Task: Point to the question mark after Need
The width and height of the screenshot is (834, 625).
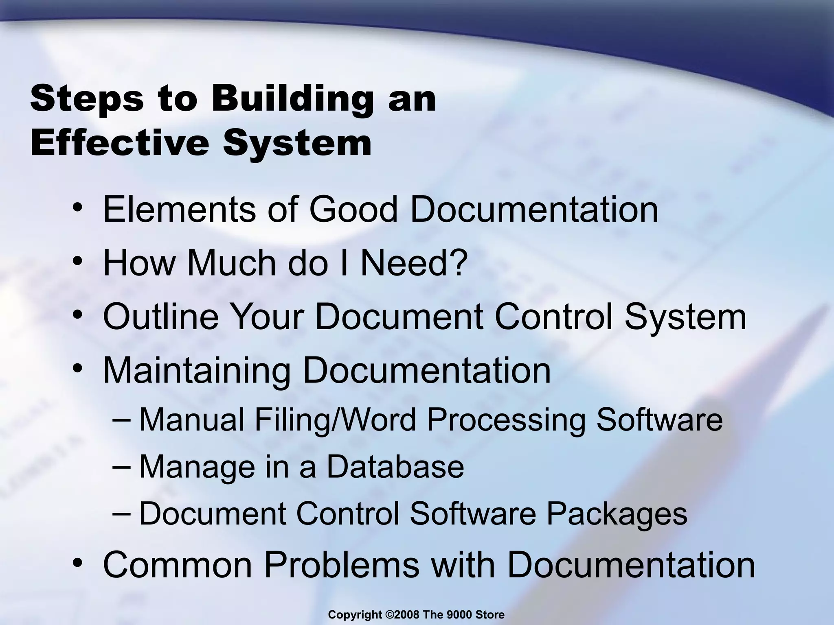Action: [x=459, y=263]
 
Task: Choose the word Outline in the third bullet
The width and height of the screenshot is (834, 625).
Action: [x=161, y=317]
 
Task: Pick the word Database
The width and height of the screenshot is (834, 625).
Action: [x=395, y=467]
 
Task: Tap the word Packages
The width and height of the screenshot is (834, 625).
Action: [x=617, y=514]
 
